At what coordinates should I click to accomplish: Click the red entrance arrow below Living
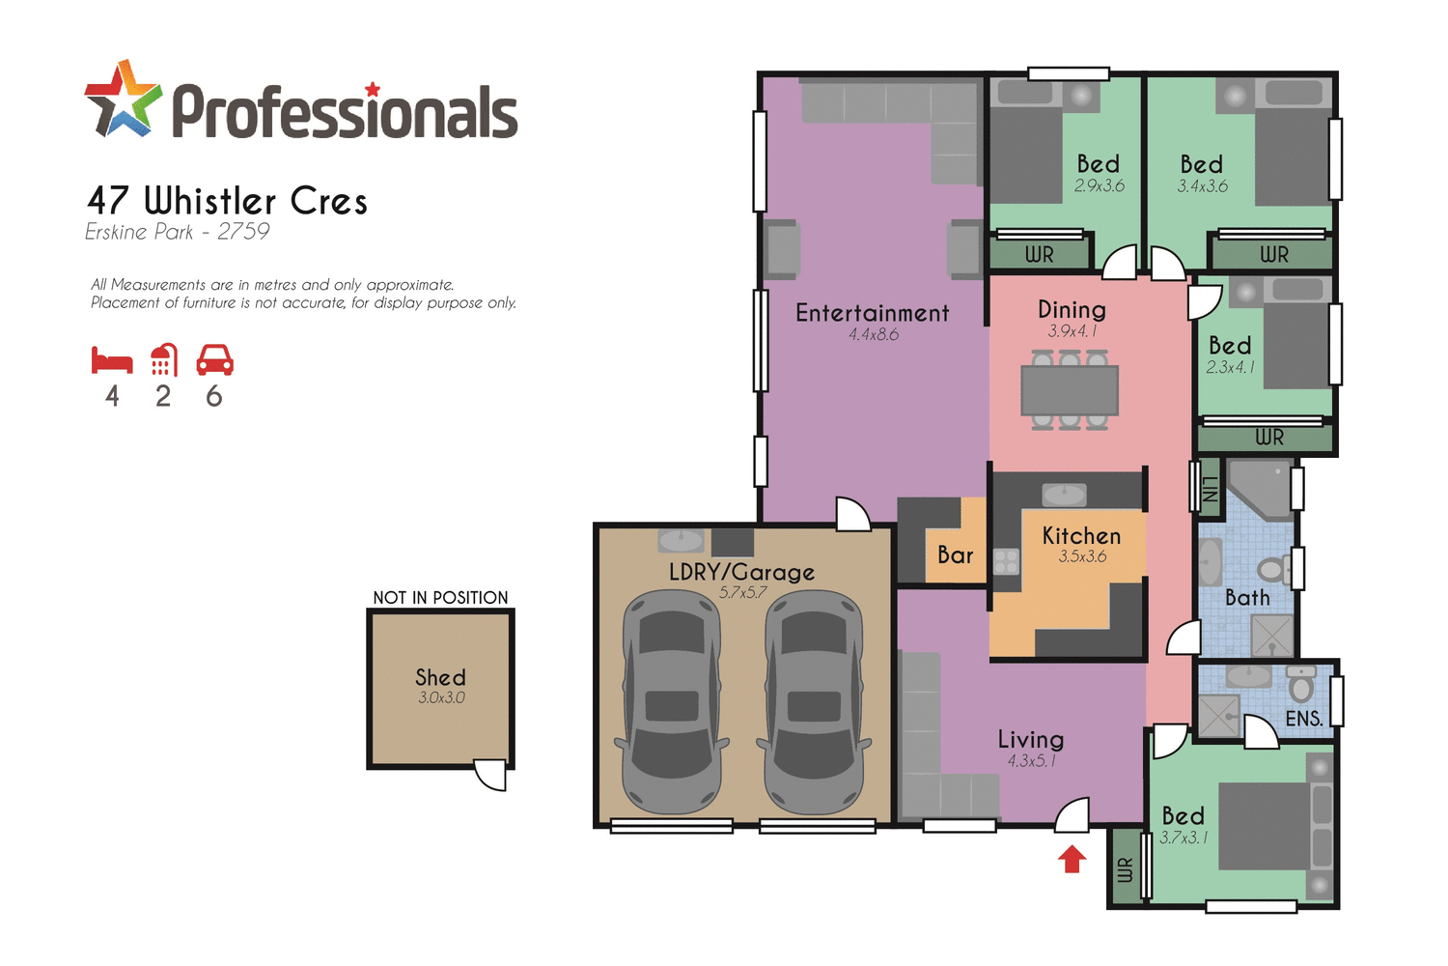[1072, 859]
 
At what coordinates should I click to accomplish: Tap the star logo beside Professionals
[123, 99]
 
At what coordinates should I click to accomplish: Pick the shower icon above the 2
[164, 360]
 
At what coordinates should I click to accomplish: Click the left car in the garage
[672, 703]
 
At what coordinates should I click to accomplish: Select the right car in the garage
[814, 703]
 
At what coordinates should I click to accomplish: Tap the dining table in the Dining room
[1070, 390]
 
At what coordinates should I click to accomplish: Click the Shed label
[440, 677]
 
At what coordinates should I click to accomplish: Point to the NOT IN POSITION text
[440, 598]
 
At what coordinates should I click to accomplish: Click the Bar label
[955, 555]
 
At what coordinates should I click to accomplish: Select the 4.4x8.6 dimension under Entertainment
[874, 335]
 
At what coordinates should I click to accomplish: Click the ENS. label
[1303, 719]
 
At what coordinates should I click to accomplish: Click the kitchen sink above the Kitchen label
[1064, 495]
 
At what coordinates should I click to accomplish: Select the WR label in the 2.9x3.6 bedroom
[1039, 255]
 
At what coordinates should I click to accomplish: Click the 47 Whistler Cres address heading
[228, 201]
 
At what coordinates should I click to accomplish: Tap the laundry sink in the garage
[681, 539]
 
